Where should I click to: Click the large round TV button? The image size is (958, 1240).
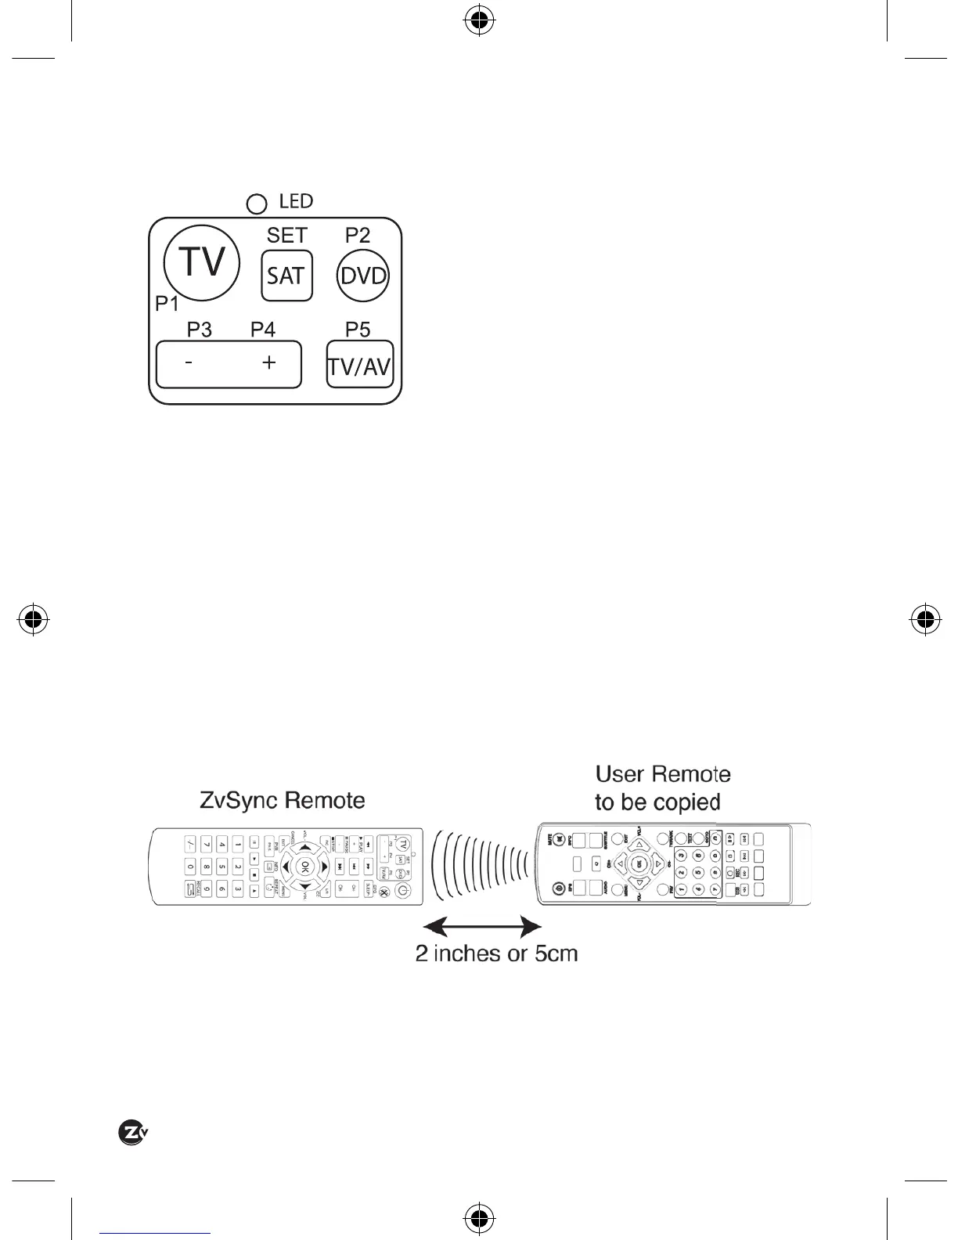click(201, 263)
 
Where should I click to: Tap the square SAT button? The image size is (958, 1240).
click(286, 276)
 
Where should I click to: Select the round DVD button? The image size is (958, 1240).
click(362, 276)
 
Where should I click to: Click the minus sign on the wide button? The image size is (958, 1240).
click(189, 364)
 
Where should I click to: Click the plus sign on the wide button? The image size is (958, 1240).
click(268, 362)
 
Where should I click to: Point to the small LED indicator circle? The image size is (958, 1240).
click(256, 204)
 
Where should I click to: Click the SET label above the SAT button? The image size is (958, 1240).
click(286, 235)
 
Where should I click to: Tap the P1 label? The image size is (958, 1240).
click(167, 305)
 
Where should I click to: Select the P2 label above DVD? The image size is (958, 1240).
click(358, 235)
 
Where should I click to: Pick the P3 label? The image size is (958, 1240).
click(199, 330)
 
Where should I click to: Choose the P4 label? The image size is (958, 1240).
click(263, 330)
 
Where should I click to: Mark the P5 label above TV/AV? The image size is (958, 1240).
click(358, 330)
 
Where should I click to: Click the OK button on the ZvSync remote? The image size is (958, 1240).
click(304, 867)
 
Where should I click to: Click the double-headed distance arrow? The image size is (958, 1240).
click(487, 928)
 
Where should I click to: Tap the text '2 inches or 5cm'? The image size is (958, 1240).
click(496, 953)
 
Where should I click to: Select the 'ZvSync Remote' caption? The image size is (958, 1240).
click(283, 800)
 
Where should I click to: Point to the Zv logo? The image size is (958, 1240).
click(133, 1133)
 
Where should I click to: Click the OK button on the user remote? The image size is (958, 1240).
click(639, 863)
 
